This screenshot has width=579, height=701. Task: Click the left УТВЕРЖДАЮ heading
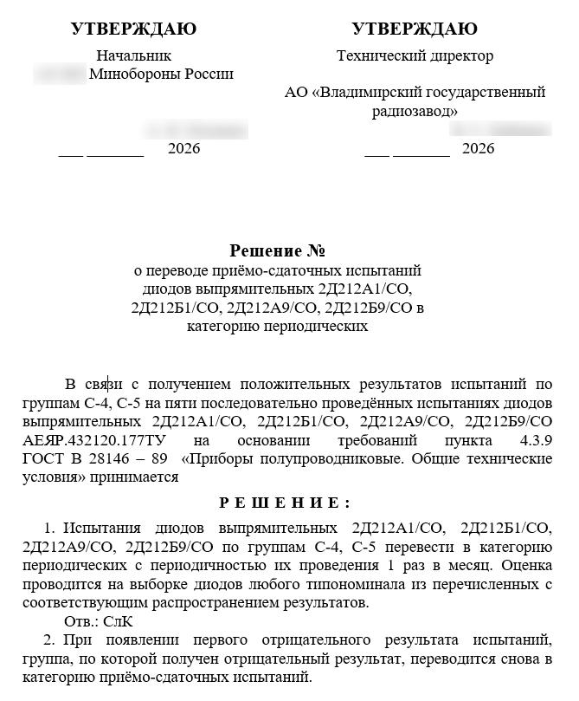[133, 29]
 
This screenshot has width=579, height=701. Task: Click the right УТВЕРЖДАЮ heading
[415, 29]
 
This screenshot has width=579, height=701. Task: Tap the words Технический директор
[415, 56]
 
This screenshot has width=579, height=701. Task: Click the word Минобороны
[132, 74]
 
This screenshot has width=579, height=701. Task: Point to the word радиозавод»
[415, 112]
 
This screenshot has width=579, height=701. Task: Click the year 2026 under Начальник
[183, 148]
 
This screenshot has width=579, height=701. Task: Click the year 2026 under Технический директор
[479, 148]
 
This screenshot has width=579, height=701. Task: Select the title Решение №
[277, 251]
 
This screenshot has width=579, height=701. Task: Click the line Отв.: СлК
[99, 621]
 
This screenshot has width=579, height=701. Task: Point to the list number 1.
[48, 527]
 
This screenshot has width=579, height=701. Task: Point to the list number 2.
[48, 640]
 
